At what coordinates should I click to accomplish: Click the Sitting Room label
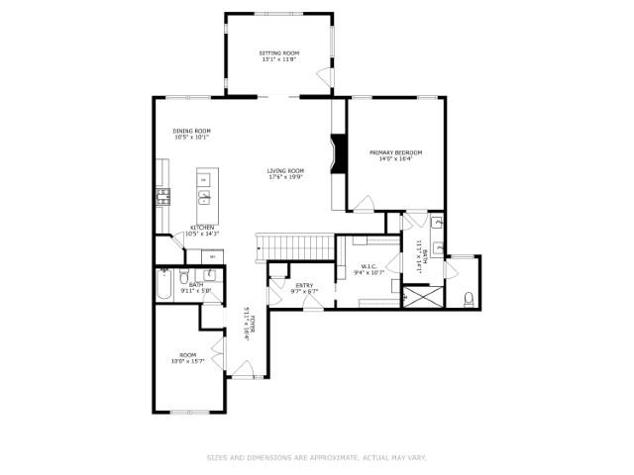coord(279,52)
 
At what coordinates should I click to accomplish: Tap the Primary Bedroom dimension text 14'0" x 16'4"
coord(395,158)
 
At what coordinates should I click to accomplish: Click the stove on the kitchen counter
coord(162,196)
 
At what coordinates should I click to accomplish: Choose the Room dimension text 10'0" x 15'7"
coord(187,361)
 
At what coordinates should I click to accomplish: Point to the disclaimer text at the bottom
coord(316,457)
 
